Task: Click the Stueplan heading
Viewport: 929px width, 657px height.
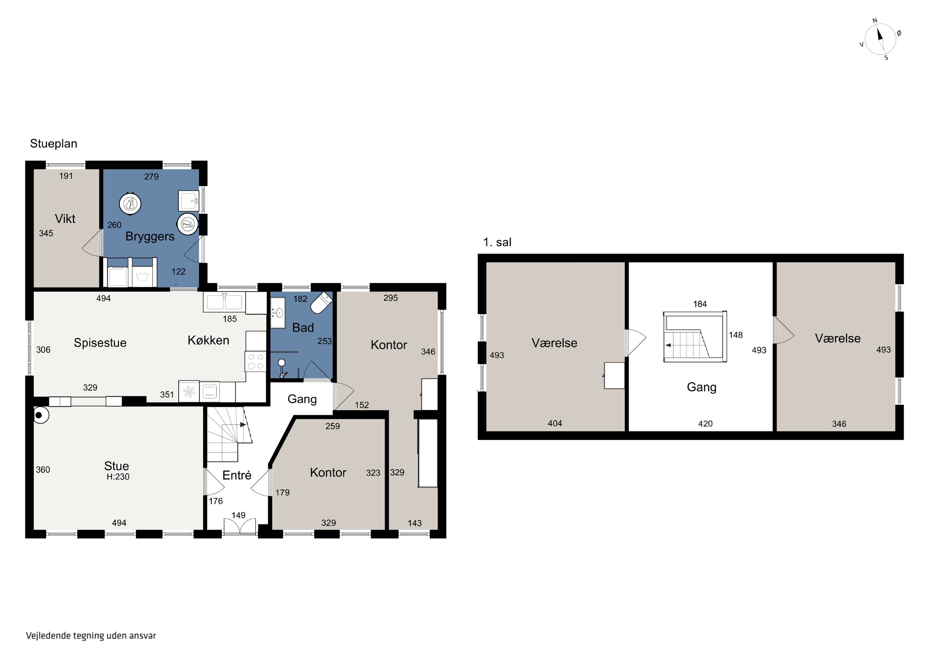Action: [53, 144]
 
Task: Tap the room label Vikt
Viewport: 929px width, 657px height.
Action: [65, 219]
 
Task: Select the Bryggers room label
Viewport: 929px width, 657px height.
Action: [150, 236]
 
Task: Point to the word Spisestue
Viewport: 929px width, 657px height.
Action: [100, 343]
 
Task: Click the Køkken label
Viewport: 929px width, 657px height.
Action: [208, 340]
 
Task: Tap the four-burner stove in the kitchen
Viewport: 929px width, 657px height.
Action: [255, 361]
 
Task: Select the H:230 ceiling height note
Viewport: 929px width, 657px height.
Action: [118, 477]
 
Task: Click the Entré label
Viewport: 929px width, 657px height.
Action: [237, 475]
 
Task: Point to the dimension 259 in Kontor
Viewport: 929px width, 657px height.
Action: [333, 426]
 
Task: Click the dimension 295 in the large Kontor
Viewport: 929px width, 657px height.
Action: [390, 298]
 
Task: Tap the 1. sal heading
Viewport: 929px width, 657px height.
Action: [497, 243]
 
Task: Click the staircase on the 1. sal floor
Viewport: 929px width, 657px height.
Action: [695, 336]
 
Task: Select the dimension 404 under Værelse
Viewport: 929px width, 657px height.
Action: [555, 423]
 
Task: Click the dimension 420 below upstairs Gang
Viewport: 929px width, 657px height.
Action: [705, 424]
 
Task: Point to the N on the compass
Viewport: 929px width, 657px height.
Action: [875, 21]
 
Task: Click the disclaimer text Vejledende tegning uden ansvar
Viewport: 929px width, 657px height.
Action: [91, 636]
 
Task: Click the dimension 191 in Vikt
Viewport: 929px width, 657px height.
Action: [66, 176]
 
